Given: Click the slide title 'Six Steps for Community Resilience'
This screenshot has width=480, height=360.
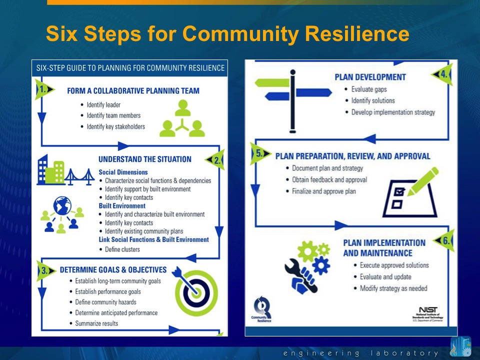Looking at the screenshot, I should tap(227, 34).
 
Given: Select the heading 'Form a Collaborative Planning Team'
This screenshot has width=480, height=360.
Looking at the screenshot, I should tap(133, 91).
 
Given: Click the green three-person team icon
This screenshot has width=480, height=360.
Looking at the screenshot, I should tap(182, 119).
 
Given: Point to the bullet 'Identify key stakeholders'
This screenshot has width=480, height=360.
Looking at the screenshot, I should tap(115, 126).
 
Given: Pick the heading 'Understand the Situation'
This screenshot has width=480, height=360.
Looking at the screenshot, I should tap(144, 159).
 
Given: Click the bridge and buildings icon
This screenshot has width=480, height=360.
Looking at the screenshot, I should tap(65, 170).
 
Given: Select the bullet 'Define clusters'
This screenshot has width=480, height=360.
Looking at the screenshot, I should tap(122, 249).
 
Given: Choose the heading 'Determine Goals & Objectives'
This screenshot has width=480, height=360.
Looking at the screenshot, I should tap(113, 269).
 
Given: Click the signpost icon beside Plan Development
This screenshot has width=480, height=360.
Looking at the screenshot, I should tap(293, 100).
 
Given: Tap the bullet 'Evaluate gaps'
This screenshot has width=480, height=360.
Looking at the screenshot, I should tap(369, 89).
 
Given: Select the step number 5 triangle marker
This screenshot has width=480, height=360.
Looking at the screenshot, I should tap(260, 154).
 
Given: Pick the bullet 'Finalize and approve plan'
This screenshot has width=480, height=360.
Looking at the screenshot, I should tap(323, 191).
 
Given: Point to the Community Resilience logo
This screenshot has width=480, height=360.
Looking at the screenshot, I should tap(262, 310).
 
